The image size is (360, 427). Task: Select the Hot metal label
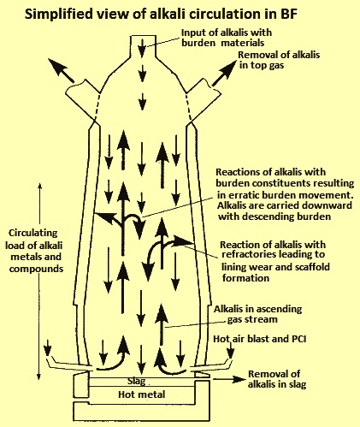142,394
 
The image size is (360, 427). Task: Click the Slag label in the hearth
137,381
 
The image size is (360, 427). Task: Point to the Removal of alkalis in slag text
277,379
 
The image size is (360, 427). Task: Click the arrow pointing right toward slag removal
229,379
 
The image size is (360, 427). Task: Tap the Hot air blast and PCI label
260,339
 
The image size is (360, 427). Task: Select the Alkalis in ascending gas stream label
257,314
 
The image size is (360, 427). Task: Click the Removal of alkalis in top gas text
279,60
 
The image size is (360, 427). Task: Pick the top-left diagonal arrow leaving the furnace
61,70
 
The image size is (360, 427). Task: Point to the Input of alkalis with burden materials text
227,38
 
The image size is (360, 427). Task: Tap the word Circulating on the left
33,233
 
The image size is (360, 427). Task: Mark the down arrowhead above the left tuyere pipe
48,347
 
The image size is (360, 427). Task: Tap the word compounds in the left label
36,269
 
